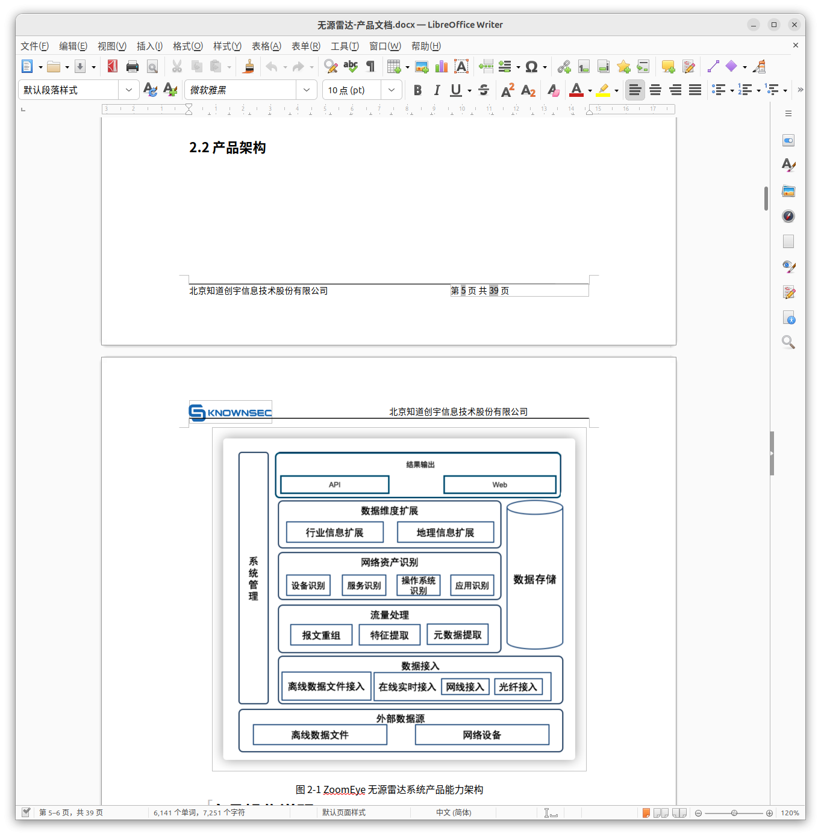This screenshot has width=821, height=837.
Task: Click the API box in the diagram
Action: (x=334, y=484)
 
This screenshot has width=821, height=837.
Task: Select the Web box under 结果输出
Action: (x=499, y=484)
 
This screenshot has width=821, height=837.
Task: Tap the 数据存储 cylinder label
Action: (x=534, y=579)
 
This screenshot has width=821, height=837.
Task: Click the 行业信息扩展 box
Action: (x=334, y=532)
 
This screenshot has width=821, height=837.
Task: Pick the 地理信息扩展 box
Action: (x=445, y=532)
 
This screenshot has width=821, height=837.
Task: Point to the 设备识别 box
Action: (x=308, y=585)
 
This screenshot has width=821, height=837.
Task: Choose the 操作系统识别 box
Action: (x=418, y=585)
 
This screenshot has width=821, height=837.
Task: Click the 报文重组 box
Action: (x=321, y=635)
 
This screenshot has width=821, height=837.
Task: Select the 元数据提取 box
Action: (x=457, y=634)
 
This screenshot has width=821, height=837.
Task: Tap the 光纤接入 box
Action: (x=517, y=687)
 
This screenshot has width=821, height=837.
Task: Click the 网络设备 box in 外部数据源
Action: (x=482, y=734)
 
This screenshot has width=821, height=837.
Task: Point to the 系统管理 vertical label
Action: (x=253, y=578)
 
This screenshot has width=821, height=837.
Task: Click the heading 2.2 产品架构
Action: (x=227, y=147)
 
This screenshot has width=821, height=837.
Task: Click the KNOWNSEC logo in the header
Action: (x=230, y=412)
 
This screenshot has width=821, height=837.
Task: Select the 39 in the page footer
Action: (x=493, y=291)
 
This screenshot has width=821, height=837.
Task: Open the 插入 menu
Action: (x=149, y=46)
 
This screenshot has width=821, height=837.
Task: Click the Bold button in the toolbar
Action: (x=417, y=90)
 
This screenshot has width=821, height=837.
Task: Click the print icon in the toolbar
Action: (x=132, y=66)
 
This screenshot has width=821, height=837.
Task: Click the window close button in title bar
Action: (x=794, y=25)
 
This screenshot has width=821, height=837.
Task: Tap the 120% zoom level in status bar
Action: (x=790, y=812)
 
